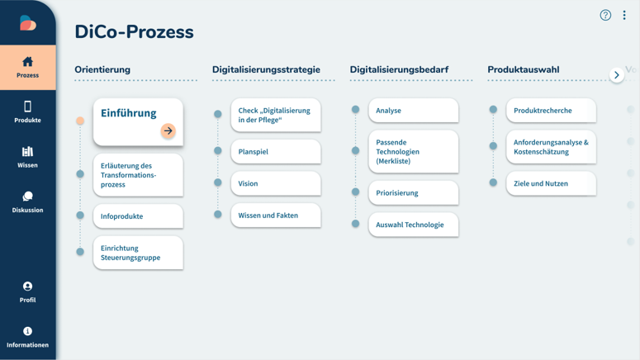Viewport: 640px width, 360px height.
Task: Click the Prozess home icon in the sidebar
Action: pyautogui.click(x=27, y=62)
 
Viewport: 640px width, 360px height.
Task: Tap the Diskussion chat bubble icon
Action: pyautogui.click(x=27, y=197)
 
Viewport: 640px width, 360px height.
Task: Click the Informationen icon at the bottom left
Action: pyautogui.click(x=27, y=331)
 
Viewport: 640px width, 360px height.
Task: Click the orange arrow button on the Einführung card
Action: pyautogui.click(x=168, y=130)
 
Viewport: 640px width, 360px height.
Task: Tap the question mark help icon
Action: pyautogui.click(x=605, y=15)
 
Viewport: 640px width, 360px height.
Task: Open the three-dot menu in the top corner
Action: pyautogui.click(x=624, y=15)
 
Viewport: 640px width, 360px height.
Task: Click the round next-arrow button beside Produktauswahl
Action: pyautogui.click(x=616, y=75)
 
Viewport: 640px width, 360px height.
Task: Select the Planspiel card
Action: pyautogui.click(x=276, y=151)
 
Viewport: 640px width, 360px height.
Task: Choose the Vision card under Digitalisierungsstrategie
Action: pyautogui.click(x=276, y=183)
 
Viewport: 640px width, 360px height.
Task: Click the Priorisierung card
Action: pyautogui.click(x=413, y=192)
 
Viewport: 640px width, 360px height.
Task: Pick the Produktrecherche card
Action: pyautogui.click(x=551, y=110)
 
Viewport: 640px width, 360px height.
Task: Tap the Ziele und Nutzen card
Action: pyautogui.click(x=551, y=183)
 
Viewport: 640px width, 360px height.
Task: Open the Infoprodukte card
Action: pyautogui.click(x=138, y=216)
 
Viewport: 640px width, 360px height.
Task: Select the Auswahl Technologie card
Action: pyautogui.click(x=413, y=225)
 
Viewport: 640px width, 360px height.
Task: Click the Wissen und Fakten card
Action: pyautogui.click(x=276, y=216)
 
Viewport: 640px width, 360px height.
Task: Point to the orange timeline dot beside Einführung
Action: pyautogui.click(x=80, y=121)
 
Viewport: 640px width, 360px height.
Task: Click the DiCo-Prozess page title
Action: pyautogui.click(x=134, y=32)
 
